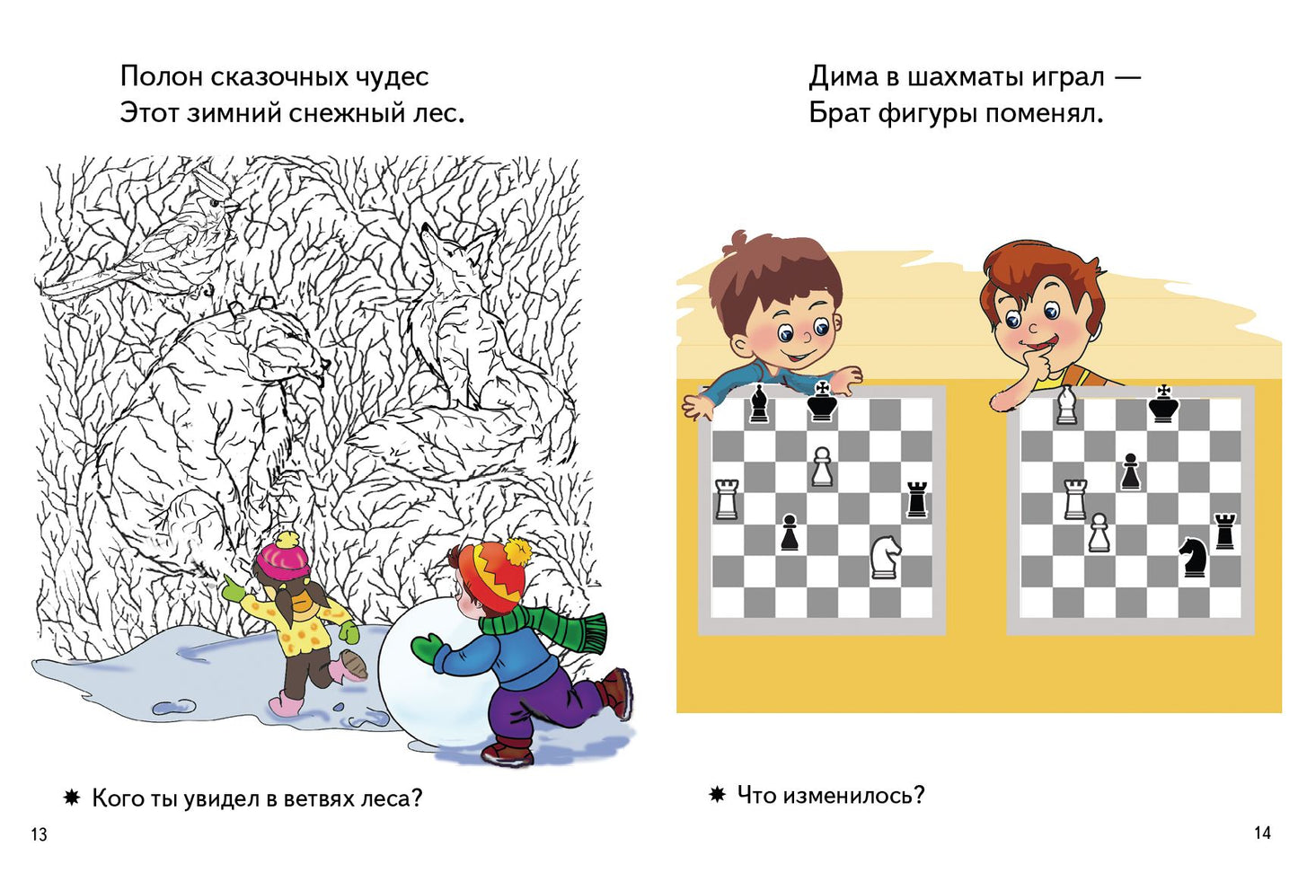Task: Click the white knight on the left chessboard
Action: click(885, 556)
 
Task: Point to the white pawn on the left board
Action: click(822, 467)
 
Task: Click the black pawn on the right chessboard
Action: click(1130, 472)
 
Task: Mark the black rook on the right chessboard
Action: click(1224, 531)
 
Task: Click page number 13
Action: click(39, 834)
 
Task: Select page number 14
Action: click(1262, 833)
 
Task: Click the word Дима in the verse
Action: click(843, 77)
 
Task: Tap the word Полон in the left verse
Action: click(161, 77)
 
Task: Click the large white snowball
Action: click(431, 674)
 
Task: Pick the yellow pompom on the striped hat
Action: click(517, 550)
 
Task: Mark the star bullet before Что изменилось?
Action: click(717, 794)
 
